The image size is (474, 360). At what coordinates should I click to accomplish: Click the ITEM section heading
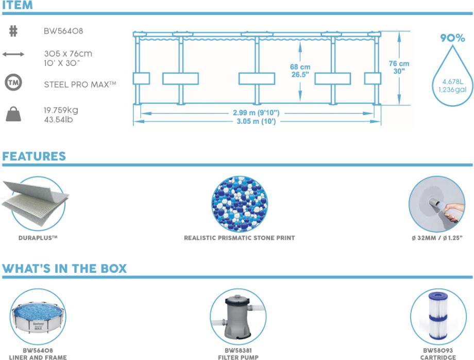click(x=18, y=6)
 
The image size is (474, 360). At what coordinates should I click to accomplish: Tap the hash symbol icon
click(x=13, y=31)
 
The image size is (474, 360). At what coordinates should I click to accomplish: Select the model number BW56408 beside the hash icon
click(x=63, y=31)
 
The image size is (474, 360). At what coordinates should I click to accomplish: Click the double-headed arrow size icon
click(x=13, y=54)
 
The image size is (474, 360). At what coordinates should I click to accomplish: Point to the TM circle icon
click(x=13, y=83)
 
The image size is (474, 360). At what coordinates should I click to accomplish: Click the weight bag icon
click(x=13, y=113)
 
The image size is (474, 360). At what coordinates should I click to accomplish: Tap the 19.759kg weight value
click(x=61, y=110)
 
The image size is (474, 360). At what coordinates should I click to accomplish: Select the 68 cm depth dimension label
click(x=300, y=67)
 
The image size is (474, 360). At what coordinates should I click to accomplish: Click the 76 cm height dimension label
click(x=399, y=63)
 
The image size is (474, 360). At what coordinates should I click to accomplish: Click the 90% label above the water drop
click(x=452, y=38)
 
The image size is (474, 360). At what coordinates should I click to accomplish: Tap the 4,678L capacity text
click(x=452, y=81)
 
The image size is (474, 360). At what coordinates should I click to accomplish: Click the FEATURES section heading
click(x=34, y=156)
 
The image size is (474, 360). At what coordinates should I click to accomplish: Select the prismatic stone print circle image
click(x=239, y=204)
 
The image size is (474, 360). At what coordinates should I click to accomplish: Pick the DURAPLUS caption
click(x=38, y=238)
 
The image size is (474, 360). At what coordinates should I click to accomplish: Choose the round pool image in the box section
click(x=38, y=316)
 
